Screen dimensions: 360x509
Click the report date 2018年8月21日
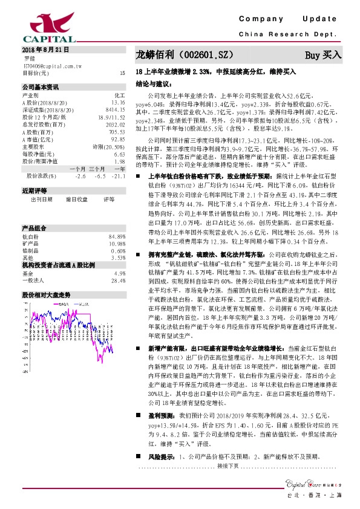point(45,50)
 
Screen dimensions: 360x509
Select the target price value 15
point(122,73)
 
